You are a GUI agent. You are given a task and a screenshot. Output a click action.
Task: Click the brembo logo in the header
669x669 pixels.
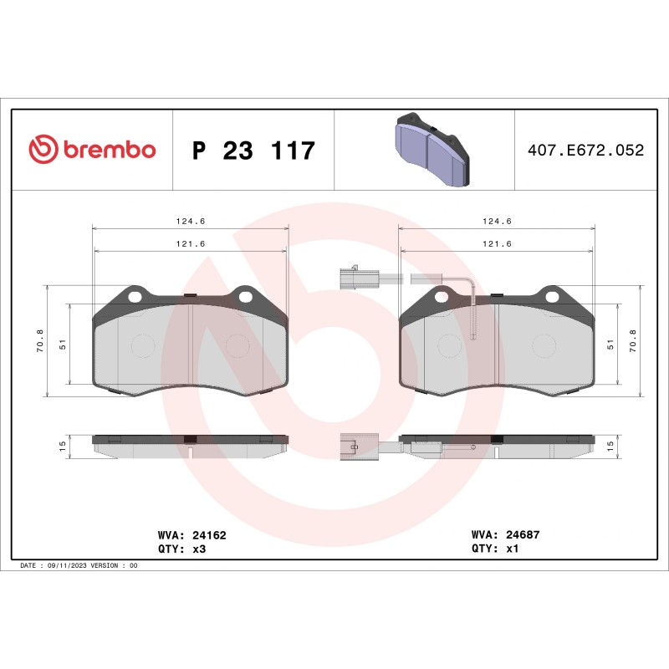(92, 150)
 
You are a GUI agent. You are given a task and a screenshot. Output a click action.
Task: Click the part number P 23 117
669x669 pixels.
(253, 151)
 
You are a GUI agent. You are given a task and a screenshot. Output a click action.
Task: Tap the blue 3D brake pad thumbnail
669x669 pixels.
(432, 151)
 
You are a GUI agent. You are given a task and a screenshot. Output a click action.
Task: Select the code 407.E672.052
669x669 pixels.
(585, 151)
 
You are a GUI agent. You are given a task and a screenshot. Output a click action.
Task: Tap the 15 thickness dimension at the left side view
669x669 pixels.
(64, 447)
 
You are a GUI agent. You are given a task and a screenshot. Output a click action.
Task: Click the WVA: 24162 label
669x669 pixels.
(192, 534)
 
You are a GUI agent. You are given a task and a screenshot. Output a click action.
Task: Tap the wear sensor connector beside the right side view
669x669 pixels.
(352, 447)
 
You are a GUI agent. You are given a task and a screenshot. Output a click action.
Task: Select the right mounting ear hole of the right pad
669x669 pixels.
(552, 296)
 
